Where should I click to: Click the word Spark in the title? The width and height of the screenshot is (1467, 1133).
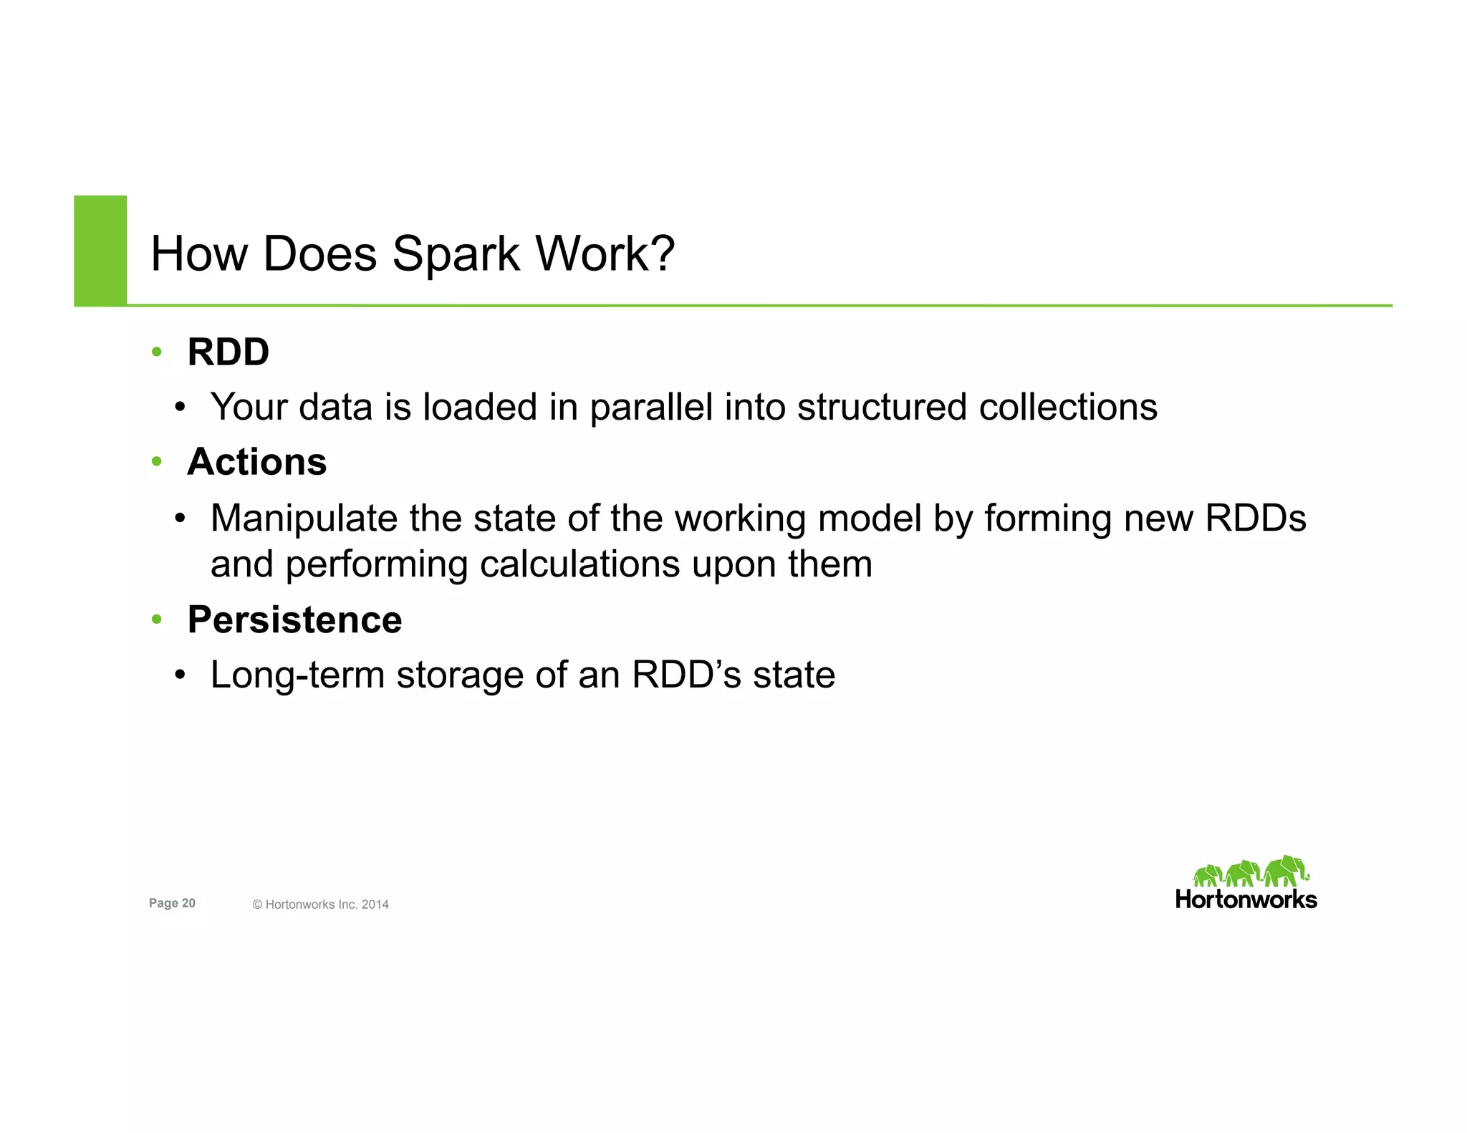point(456,254)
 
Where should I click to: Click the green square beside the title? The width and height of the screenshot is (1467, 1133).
point(100,250)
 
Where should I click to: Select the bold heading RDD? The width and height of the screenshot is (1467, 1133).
point(228,352)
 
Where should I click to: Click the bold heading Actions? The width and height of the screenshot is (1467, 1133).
point(256,461)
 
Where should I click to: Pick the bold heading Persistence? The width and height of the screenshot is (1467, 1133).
point(294,619)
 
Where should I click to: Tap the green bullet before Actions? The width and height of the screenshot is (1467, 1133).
point(157,462)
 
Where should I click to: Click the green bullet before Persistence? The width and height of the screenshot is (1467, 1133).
point(157,619)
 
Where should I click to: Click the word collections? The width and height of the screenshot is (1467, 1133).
point(1067,407)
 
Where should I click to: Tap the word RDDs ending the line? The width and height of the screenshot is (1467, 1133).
point(1255,518)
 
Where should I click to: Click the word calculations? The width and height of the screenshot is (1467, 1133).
point(579,564)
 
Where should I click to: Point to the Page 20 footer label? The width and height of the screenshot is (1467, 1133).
point(172,903)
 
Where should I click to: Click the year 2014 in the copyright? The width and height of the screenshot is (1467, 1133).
point(375,905)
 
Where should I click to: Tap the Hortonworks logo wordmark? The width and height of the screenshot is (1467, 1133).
point(1246,900)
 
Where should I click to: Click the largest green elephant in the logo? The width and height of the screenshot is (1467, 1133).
point(1286,871)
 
